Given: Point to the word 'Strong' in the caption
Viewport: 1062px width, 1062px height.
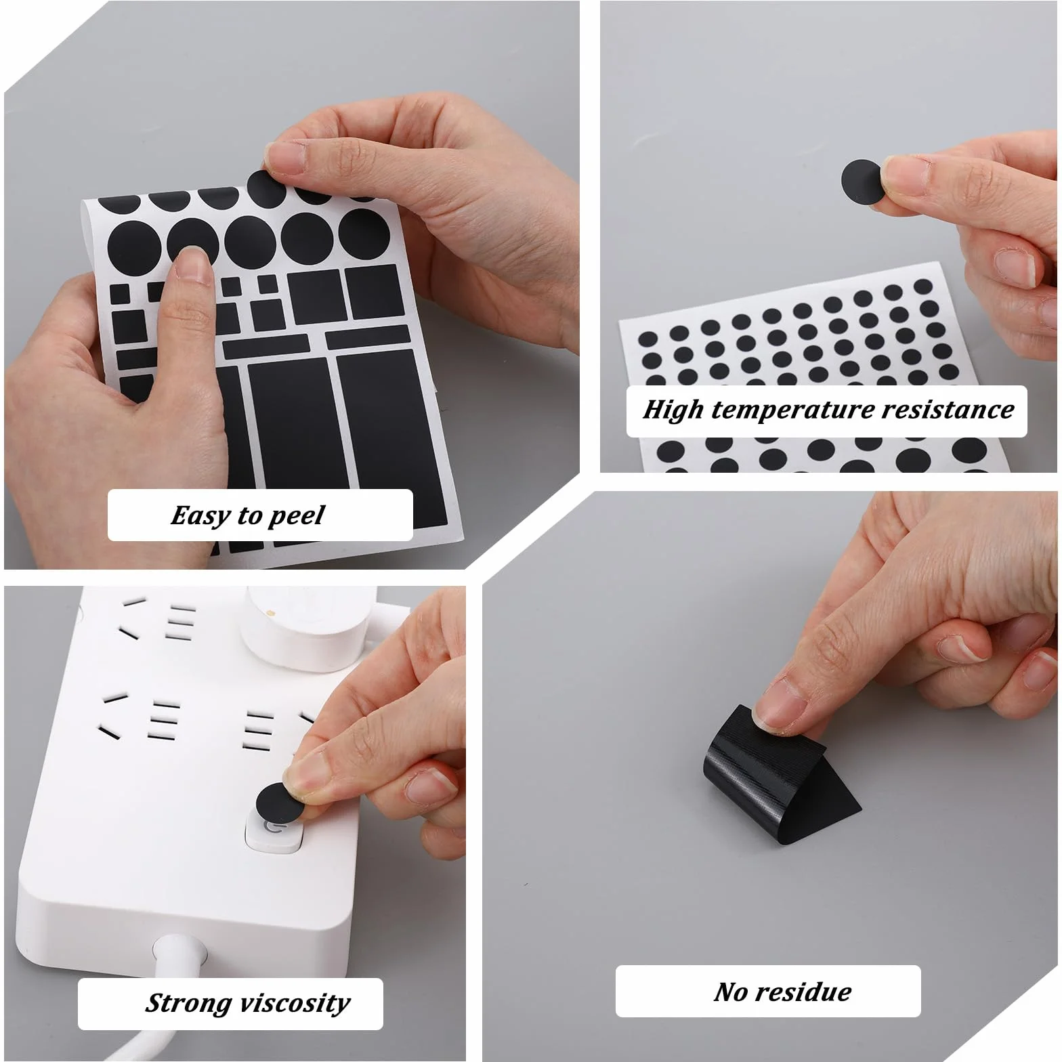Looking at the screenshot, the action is pos(186,1004).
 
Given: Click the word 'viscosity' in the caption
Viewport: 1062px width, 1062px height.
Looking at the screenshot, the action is pos(293,1004).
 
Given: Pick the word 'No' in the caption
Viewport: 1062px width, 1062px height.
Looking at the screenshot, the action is pos(731,992).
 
